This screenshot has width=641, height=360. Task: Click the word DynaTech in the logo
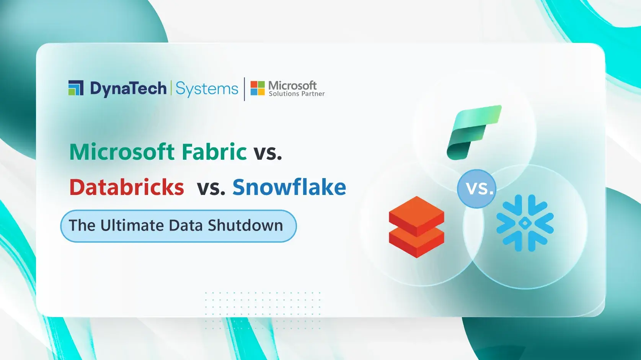[x=128, y=88]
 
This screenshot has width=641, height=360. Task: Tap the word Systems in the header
[x=207, y=89]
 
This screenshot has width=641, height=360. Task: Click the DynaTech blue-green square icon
[x=76, y=88]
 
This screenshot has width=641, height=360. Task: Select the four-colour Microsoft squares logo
[x=258, y=88]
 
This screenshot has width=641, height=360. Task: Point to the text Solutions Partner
[x=297, y=94]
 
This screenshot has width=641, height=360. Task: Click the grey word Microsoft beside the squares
[x=292, y=85]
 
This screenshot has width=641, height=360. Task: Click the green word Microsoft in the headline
[x=122, y=152]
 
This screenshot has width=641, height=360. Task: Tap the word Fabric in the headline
[x=214, y=152]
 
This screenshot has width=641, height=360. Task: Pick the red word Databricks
[x=127, y=187]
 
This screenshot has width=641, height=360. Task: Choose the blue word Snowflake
[x=289, y=187]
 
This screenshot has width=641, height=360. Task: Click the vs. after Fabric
[x=268, y=152]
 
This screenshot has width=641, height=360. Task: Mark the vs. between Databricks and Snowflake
[x=211, y=188]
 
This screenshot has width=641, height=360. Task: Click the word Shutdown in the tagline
[x=245, y=225]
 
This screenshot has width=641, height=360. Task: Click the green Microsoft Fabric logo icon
[x=474, y=132]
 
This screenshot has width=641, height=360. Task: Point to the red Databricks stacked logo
[x=416, y=227]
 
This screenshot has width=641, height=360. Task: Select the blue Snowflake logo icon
[x=525, y=223]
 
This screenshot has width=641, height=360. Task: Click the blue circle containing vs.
[x=476, y=188]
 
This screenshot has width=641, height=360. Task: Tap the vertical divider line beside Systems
[x=245, y=89]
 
